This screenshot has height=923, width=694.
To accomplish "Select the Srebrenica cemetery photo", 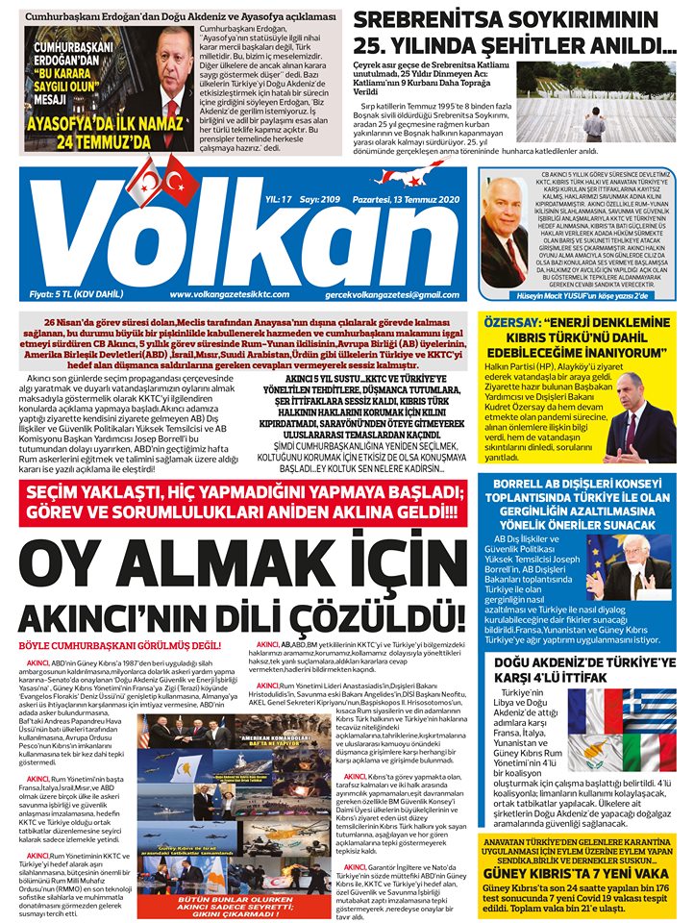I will pos(616,101).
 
